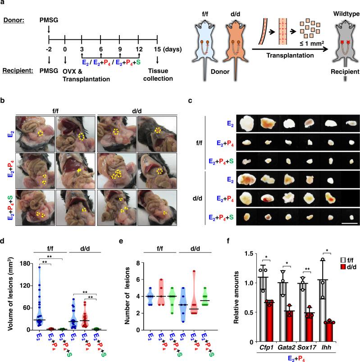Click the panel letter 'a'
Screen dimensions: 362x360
point(4,4)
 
